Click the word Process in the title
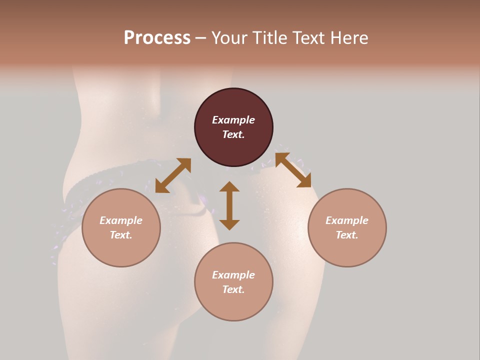157,38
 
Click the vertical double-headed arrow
229,205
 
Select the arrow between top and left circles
173,175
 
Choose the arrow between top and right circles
293,170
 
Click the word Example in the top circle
233,120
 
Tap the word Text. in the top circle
233,134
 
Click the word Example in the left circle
121,220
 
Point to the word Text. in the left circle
121,235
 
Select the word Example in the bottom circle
233,275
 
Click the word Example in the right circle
347,220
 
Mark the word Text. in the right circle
347,235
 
